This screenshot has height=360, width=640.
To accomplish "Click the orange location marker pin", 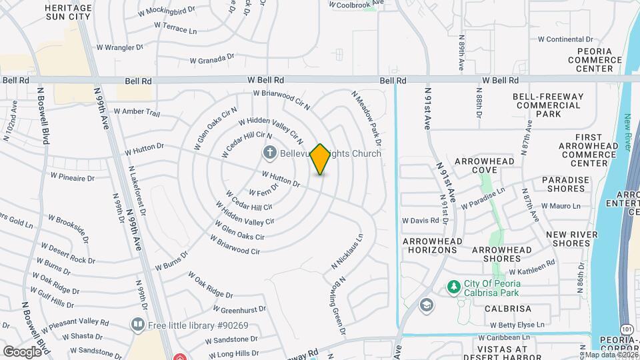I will pyautogui.click(x=320, y=159).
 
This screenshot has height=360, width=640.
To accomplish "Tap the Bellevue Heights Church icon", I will pyautogui.click(x=271, y=153).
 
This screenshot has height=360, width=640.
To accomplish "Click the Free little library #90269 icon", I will pyautogui.click(x=138, y=325).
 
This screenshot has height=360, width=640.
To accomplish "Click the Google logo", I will pyautogui.click(x=23, y=351).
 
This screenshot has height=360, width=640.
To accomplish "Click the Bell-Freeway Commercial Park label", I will pyautogui.click(x=548, y=105).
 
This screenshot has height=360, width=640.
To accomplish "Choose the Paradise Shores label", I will pyautogui.click(x=565, y=185).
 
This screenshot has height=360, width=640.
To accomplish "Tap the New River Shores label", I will pyautogui.click(x=569, y=239).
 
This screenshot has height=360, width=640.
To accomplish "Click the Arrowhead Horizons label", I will pyautogui.click(x=429, y=245).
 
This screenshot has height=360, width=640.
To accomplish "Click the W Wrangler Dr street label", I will pyautogui.click(x=120, y=47).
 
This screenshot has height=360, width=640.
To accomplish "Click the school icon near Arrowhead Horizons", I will pyautogui.click(x=425, y=305).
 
